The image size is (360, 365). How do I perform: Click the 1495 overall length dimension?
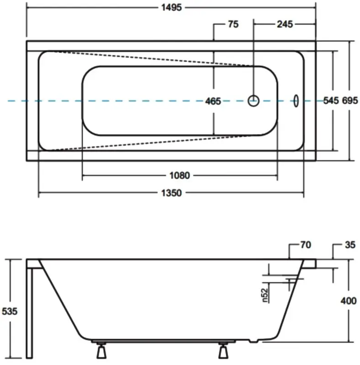click(172, 7)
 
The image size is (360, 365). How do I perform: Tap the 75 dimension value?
click(233, 24)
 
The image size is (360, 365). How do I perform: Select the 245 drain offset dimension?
click(285, 24)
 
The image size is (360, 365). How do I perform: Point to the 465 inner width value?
click(213, 101)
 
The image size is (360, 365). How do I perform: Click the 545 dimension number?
click(331, 100)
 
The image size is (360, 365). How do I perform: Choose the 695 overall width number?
click(350, 100)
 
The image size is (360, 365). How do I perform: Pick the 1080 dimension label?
click(179, 175)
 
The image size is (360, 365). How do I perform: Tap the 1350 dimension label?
click(172, 193)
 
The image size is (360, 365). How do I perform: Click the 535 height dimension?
click(10, 311)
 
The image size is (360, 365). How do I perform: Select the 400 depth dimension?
click(348, 301)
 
